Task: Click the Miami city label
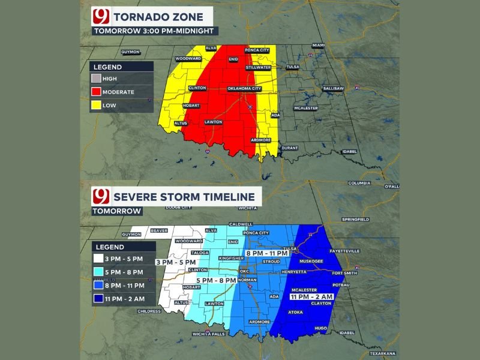tap(318, 45)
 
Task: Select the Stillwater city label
tap(259, 68)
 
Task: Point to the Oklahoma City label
tap(245, 89)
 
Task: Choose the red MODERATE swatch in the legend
tap(96, 92)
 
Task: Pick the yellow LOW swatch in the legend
tap(96, 105)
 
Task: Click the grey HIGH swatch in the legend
tap(96, 79)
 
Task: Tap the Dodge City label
tap(178, 207)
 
